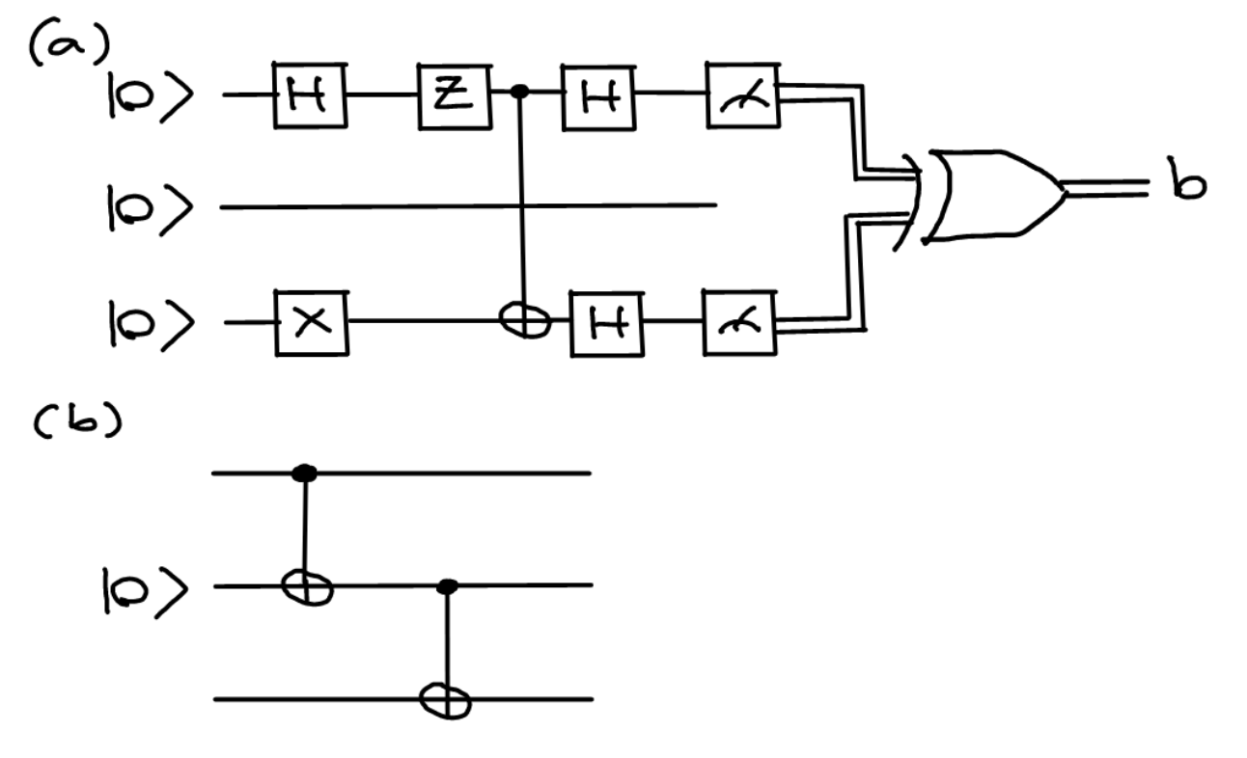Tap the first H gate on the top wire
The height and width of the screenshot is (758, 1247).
[x=309, y=95]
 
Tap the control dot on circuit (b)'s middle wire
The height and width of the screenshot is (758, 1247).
[x=446, y=584]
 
